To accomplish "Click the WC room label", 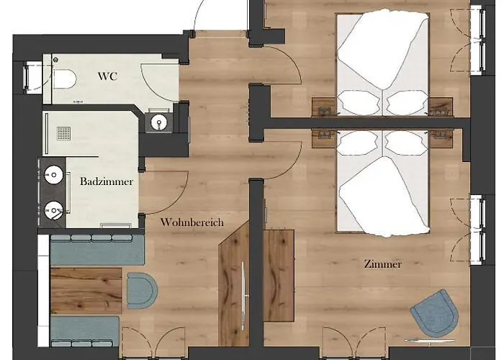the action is click(x=108, y=76).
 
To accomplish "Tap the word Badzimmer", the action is click(x=107, y=181).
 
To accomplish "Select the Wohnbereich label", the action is click(x=192, y=222).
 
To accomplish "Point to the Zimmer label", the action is click(x=383, y=264).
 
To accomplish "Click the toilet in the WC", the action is click(x=65, y=79).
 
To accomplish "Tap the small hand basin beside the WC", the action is click(x=159, y=122).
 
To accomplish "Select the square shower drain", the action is click(x=63, y=133).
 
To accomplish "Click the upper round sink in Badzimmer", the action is click(x=54, y=175).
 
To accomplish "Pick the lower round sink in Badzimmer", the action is click(x=54, y=210).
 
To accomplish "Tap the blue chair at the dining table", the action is click(x=142, y=291).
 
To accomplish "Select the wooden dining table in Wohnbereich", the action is click(x=86, y=291).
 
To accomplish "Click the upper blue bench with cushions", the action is click(x=97, y=250).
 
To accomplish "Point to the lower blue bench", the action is click(x=85, y=331).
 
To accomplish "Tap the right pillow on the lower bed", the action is click(x=406, y=143).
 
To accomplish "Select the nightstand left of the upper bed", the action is click(x=324, y=107).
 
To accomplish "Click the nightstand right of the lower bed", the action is click(x=441, y=139).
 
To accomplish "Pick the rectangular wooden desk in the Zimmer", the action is click(x=279, y=275).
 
